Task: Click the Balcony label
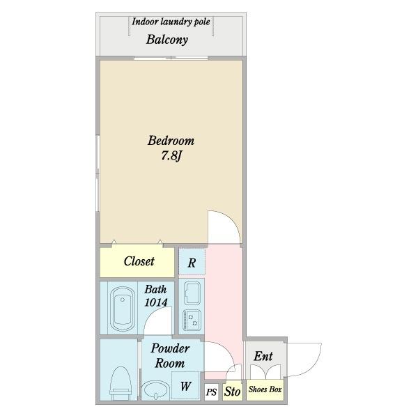click(167, 40)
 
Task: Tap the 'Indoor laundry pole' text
click(171, 22)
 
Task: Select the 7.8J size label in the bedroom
click(171, 155)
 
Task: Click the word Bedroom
click(171, 141)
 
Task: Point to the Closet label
click(139, 261)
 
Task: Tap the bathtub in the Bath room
click(123, 309)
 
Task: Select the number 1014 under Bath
click(156, 302)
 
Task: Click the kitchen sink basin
click(192, 293)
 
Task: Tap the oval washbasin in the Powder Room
click(155, 390)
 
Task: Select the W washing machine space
click(185, 386)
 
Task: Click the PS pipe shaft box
click(211, 392)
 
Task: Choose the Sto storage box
click(233, 392)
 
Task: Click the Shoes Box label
click(265, 389)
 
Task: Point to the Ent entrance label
click(263, 356)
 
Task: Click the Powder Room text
click(170, 355)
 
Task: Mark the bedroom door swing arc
click(231, 219)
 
